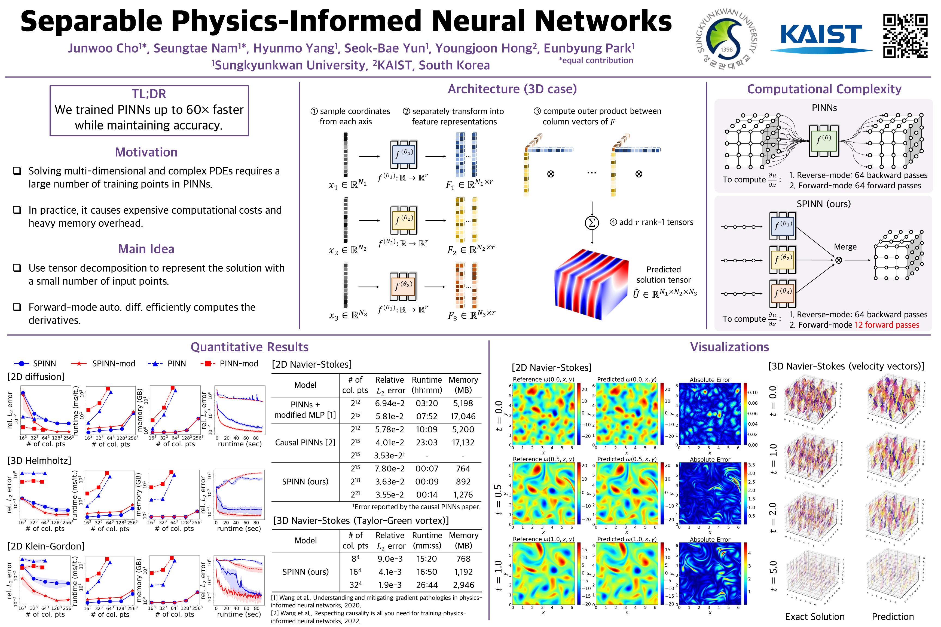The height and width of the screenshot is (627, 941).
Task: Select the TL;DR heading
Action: [x=149, y=94]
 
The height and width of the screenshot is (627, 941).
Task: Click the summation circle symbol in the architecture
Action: [x=592, y=223]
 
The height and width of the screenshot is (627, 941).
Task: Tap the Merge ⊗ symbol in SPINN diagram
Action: [x=839, y=260]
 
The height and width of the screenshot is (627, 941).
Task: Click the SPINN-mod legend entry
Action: [x=103, y=364]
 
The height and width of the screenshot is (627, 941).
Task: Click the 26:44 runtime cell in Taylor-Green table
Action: [x=427, y=585]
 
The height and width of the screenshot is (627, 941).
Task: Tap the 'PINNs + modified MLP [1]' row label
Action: [x=305, y=410]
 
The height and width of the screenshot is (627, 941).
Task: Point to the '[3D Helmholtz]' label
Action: [x=39, y=461]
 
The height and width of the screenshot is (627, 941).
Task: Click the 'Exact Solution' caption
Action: [x=815, y=617]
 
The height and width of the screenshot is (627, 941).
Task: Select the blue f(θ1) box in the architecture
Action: [x=404, y=154]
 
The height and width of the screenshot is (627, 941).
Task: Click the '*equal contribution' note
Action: [x=596, y=60]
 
